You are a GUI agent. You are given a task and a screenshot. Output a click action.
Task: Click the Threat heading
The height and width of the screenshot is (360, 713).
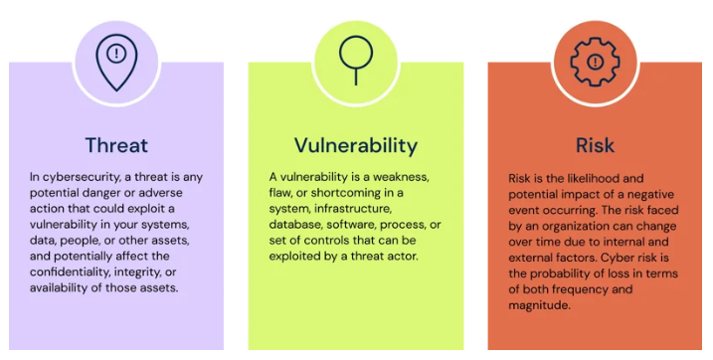pyautogui.click(x=116, y=146)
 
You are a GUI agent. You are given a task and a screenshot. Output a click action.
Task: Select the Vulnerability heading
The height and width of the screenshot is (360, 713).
pyautogui.click(x=355, y=146)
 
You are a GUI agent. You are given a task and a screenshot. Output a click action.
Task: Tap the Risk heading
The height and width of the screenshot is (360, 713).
pyautogui.click(x=595, y=146)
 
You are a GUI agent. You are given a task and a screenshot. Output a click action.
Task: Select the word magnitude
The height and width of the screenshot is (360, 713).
pyautogui.click(x=538, y=305)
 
